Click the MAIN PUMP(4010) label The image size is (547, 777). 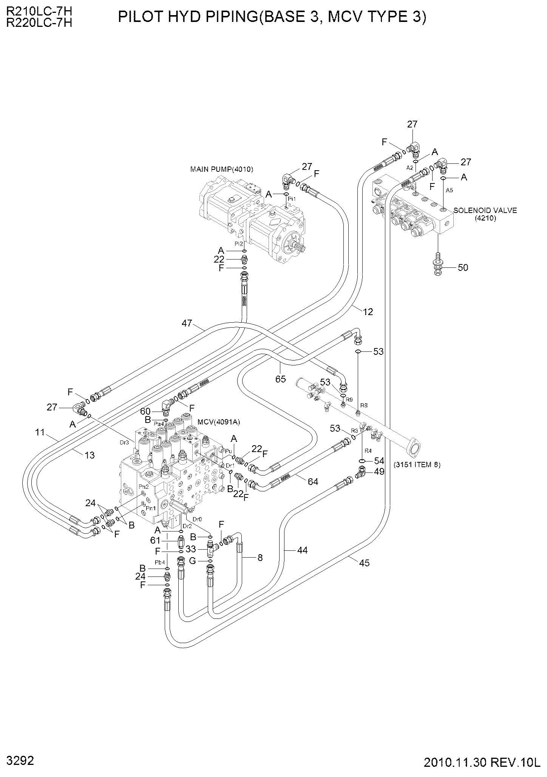(221, 169)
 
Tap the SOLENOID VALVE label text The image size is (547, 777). (485, 210)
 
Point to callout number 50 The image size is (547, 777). (463, 267)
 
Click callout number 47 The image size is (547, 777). (187, 323)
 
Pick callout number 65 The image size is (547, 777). (280, 379)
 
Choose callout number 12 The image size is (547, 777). (368, 312)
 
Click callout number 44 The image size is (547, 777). (302, 550)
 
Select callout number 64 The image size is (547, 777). (313, 482)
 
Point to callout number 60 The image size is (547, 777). (145, 411)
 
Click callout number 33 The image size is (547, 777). (191, 549)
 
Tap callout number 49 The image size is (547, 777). (379, 471)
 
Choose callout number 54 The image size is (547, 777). (379, 461)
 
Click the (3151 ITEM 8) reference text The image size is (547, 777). (417, 465)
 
